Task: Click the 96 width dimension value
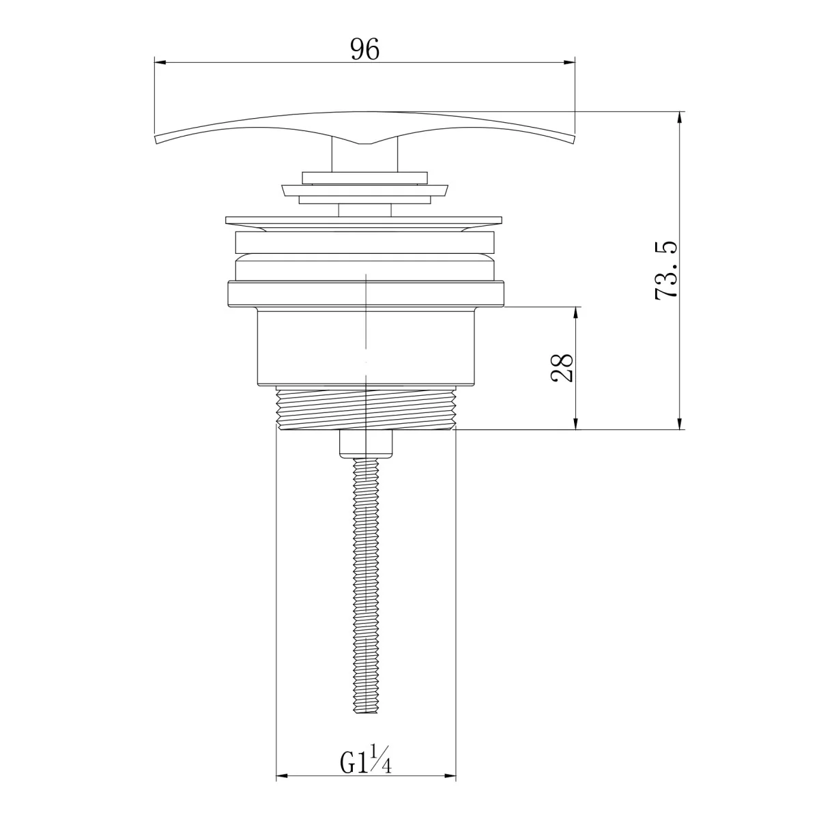364,49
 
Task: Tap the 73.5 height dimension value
666,271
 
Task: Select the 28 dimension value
562,368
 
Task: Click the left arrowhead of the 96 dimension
160,63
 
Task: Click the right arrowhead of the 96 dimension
569,63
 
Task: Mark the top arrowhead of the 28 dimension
576,313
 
